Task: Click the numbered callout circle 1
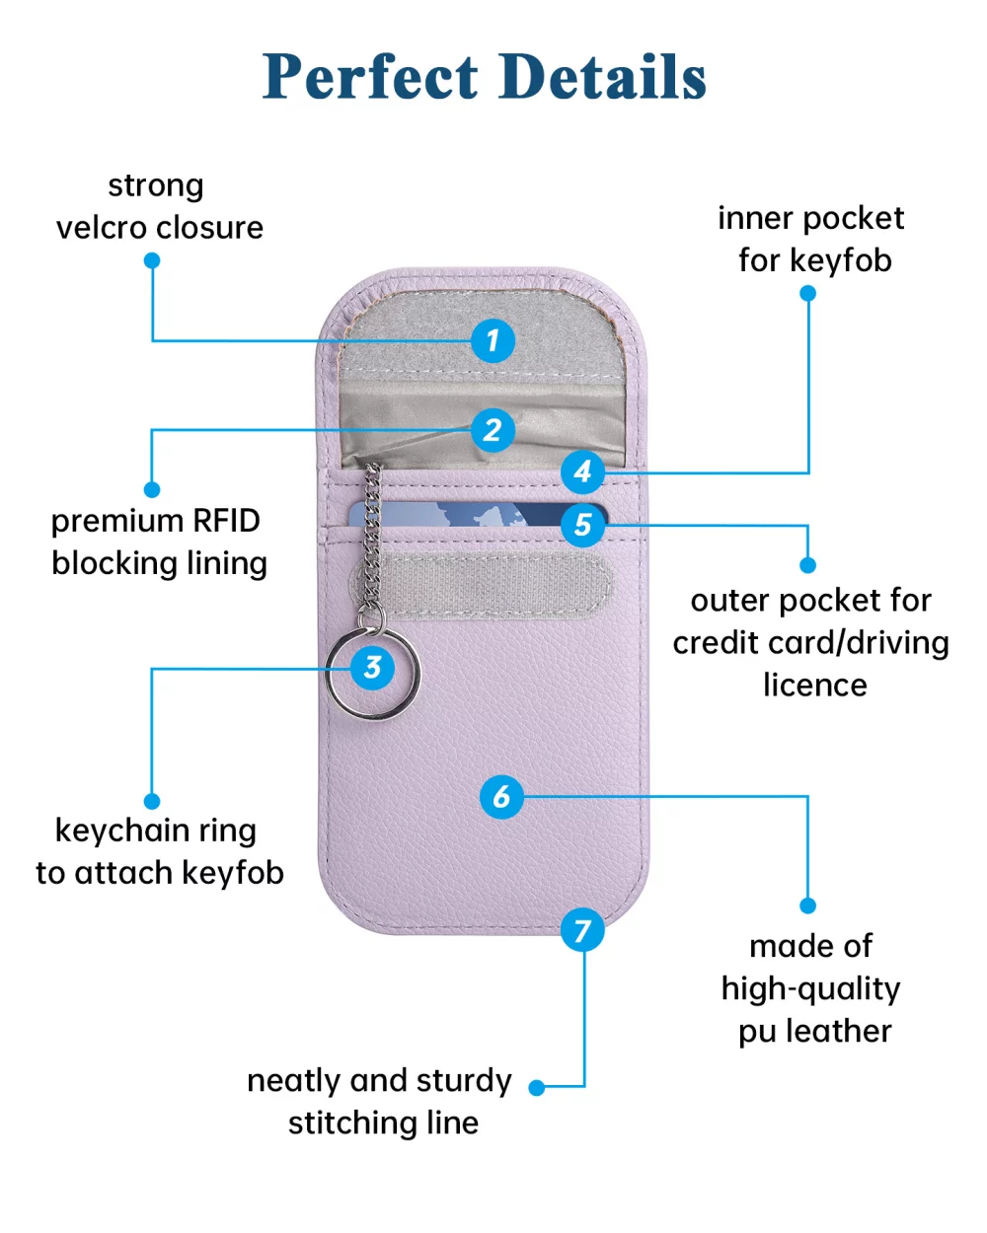tap(493, 341)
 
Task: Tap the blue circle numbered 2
tap(493, 430)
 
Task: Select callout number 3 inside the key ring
tap(373, 668)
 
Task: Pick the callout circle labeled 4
tap(582, 471)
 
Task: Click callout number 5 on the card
tap(582, 524)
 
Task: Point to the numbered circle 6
tap(501, 796)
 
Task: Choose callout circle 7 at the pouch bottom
tap(582, 930)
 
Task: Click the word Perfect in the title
tap(370, 77)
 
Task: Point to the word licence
tap(814, 686)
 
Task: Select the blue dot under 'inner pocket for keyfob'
tap(808, 293)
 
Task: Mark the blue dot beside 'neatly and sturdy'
tap(537, 1087)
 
